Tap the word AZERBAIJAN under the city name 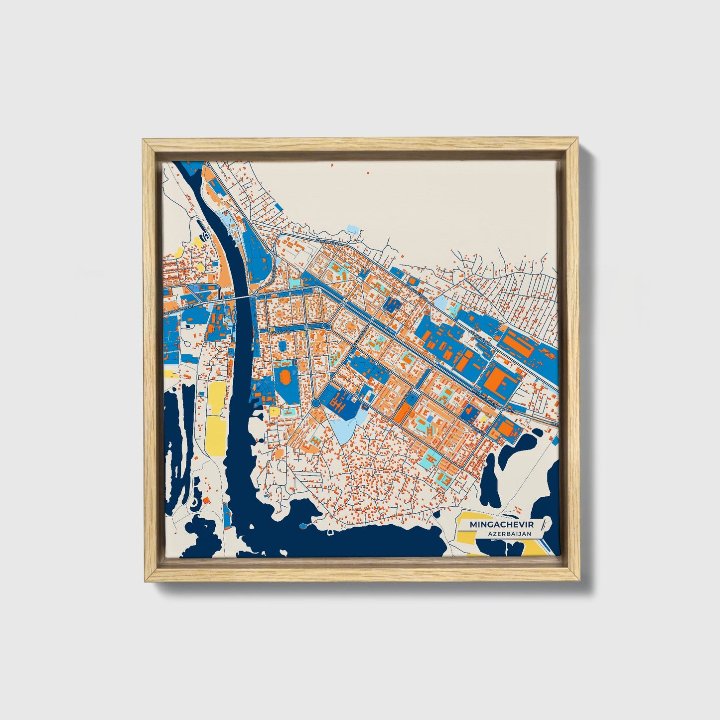(x=509, y=534)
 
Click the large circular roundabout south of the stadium (x=315, y=402)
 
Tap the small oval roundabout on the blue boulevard (x=326, y=326)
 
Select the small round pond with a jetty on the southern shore (x=303, y=526)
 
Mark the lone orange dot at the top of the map (x=368, y=173)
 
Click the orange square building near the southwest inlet (x=205, y=500)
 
